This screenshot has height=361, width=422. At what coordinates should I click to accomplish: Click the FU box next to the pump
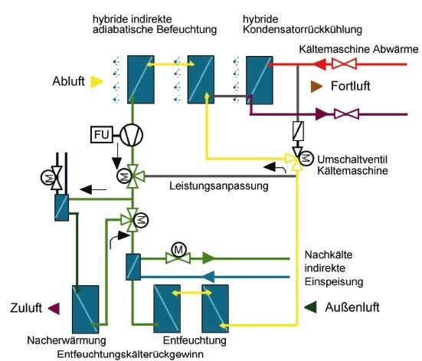point(101,135)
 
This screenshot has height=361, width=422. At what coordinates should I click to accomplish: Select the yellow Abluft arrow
point(97,80)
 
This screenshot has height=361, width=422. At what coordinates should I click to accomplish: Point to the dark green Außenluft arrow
point(310,308)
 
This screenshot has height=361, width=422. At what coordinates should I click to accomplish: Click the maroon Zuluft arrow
point(54,308)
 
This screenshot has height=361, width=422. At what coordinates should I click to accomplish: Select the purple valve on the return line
point(352,114)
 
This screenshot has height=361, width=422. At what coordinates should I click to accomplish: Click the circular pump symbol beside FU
point(132,135)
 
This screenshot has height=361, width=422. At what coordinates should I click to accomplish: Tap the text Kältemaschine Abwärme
point(358,49)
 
